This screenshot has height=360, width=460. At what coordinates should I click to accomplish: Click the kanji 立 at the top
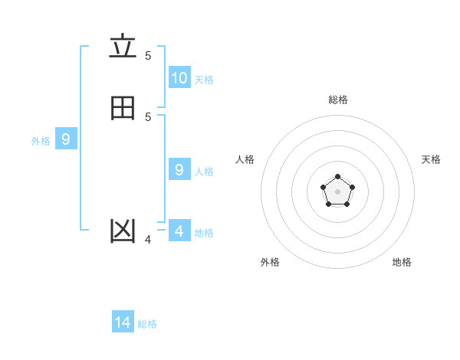click(123, 47)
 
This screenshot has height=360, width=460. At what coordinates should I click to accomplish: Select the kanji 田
click(123, 109)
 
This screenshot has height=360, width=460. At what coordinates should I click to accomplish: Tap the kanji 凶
click(123, 231)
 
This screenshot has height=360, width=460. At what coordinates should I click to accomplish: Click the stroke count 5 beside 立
click(148, 55)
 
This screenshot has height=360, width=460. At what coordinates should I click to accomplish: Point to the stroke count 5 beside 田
click(148, 116)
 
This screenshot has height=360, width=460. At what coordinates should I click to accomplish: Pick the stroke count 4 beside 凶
click(148, 240)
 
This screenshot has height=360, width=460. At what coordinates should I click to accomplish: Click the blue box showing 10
click(179, 77)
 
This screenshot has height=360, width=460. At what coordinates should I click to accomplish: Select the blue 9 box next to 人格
click(179, 169)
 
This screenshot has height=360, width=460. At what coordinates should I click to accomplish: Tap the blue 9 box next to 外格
click(66, 139)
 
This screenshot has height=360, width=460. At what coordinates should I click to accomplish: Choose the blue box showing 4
click(179, 231)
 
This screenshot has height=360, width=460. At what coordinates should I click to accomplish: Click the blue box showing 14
click(123, 322)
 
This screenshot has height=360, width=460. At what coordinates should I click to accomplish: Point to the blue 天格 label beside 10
click(204, 80)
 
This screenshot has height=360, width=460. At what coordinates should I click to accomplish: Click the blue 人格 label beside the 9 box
click(205, 172)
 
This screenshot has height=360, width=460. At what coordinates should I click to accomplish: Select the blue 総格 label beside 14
click(147, 324)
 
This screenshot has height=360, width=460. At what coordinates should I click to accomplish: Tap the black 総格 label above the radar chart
click(338, 100)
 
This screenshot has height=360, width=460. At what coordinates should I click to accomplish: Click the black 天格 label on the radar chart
click(431, 159)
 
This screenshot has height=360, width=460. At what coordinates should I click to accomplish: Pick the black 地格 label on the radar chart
click(402, 262)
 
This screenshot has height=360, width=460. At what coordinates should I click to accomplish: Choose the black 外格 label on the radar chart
click(270, 262)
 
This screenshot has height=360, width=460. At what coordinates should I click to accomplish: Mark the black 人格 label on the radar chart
click(245, 159)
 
